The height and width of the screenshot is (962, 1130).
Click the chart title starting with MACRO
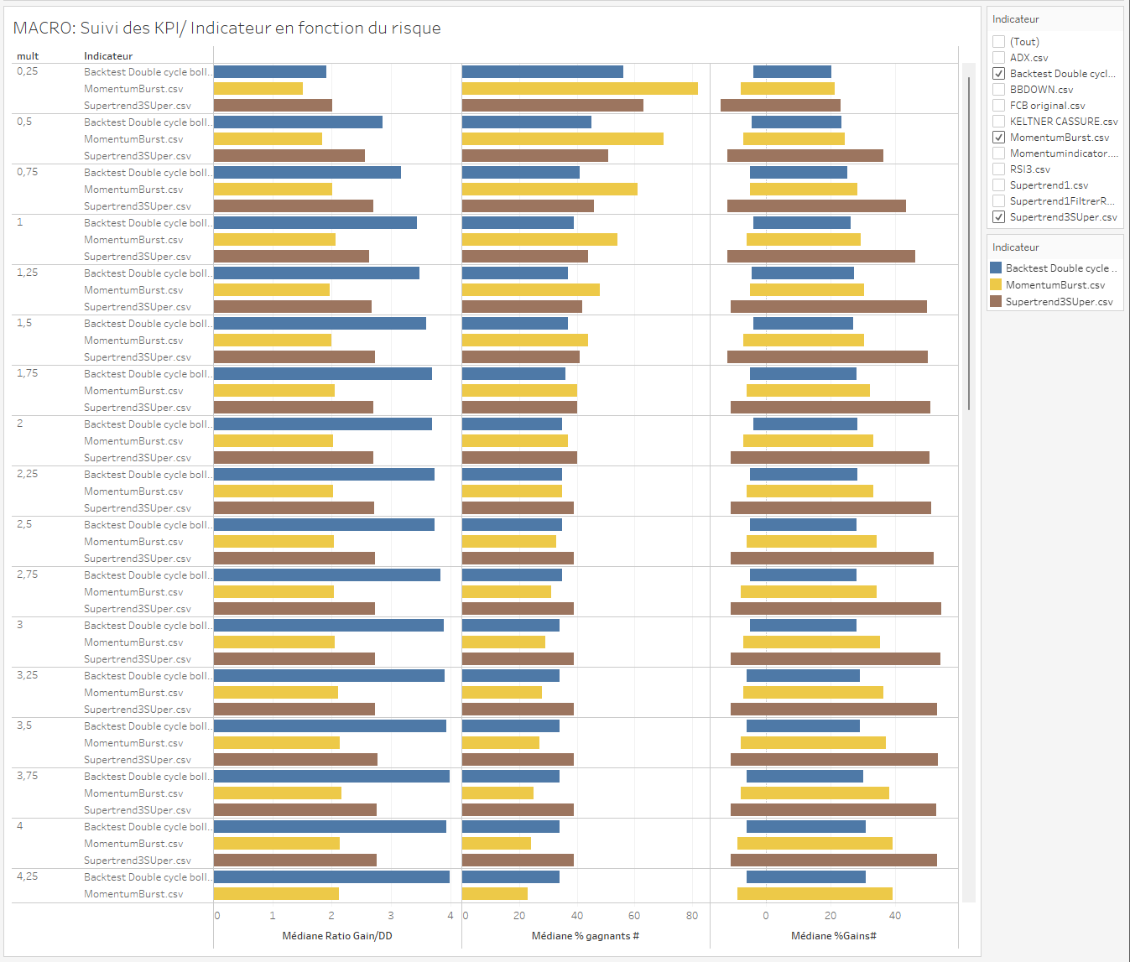pos(227,28)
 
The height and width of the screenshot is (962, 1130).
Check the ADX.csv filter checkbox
pos(998,58)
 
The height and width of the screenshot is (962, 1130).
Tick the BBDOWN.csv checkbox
pos(998,90)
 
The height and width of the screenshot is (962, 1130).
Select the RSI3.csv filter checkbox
pos(998,169)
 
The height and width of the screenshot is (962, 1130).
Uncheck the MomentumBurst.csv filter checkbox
pos(998,138)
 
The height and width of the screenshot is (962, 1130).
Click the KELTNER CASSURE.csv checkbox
pos(998,122)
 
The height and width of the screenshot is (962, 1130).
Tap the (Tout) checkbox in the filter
pos(998,42)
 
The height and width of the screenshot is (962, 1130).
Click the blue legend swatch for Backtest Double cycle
pos(996,268)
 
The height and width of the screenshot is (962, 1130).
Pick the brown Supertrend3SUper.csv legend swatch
pos(996,302)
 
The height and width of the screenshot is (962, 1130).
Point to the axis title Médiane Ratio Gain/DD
pos(336,936)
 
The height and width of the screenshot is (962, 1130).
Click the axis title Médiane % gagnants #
pos(585,936)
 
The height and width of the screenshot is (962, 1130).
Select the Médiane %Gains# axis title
pos(833,936)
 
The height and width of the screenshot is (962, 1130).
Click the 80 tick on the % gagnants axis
pos(691,916)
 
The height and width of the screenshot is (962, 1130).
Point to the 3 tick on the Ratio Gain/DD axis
pos(391,916)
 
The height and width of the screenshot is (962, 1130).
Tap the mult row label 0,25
pos(28,71)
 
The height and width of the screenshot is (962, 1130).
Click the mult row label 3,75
pos(28,776)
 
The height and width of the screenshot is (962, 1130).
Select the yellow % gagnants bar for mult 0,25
pos(580,89)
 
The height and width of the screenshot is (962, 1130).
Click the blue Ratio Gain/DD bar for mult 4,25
pos(331,877)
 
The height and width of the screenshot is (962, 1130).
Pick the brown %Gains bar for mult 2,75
pos(836,609)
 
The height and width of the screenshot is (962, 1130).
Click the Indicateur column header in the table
pos(108,56)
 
